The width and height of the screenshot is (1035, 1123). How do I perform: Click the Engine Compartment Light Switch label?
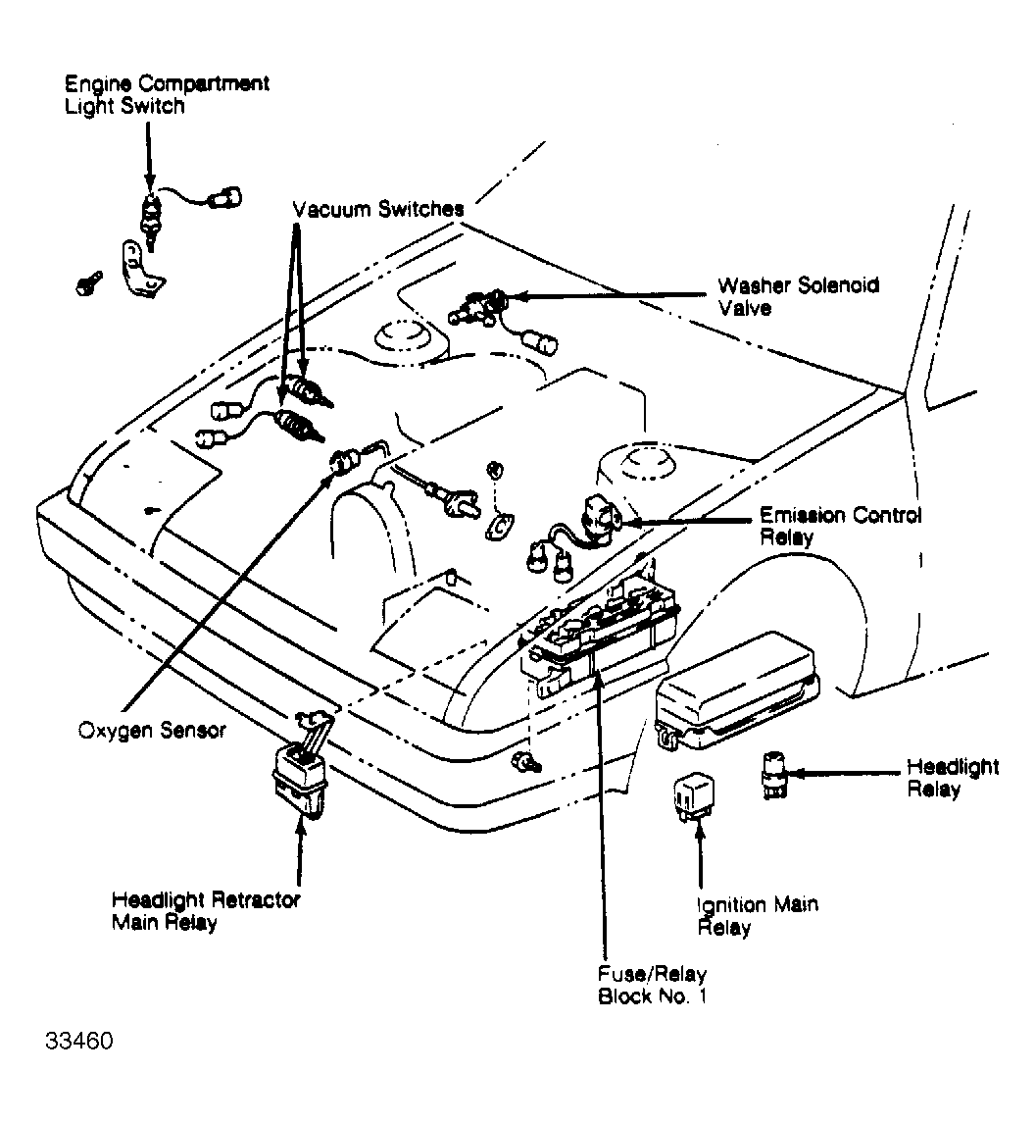coord(167,94)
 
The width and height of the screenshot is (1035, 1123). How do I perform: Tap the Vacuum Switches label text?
coord(378,209)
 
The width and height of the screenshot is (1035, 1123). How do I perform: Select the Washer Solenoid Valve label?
coord(798,296)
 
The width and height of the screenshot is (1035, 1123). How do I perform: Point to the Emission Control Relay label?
coord(840,527)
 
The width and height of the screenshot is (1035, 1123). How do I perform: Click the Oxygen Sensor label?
coord(152,731)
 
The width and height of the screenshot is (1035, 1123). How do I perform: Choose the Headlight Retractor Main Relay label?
coord(206,910)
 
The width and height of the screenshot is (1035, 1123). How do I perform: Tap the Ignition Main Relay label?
coord(758,915)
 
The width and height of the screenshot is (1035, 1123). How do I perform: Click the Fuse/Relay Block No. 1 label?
coord(652,985)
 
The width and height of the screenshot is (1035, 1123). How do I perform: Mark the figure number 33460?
coord(78,1041)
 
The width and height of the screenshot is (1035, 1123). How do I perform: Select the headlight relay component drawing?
coord(774,774)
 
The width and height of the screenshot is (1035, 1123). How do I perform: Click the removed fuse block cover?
coord(737,691)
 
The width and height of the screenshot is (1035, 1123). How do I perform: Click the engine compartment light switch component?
coord(150,217)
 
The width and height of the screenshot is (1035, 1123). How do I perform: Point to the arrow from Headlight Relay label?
coord(845,774)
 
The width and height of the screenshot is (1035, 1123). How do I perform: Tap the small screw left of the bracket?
coord(89,283)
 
